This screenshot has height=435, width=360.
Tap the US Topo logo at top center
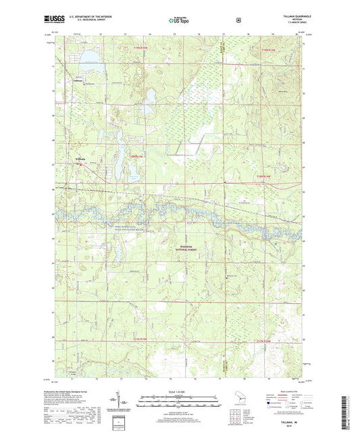click(179, 21)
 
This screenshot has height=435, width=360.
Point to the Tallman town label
click(78, 80)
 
